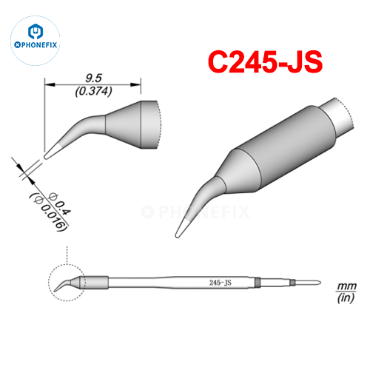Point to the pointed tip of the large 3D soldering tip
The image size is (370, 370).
178,235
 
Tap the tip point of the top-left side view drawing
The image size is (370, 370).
46,157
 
